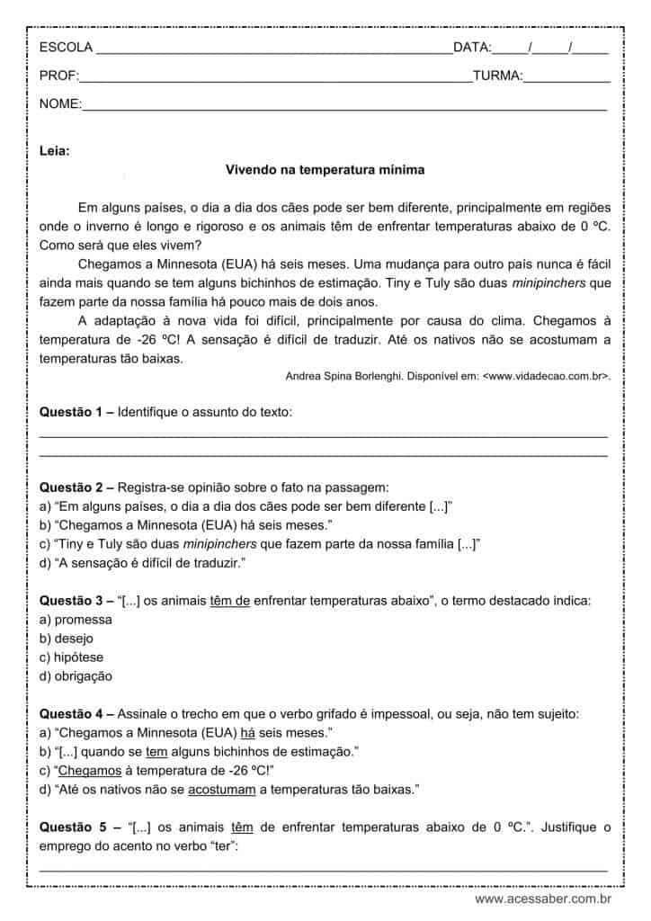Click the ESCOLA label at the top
coord(66,48)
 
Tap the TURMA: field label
coord(497,76)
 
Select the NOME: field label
coord(60,105)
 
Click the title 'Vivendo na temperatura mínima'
coord(325,169)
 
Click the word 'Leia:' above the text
coord(55,150)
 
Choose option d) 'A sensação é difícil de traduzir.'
coord(143,562)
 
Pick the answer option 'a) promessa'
coord(76,619)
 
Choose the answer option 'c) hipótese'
coord(72,657)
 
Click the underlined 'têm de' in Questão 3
coord(229,600)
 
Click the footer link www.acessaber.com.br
coord(543,899)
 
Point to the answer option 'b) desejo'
coord(69,638)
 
